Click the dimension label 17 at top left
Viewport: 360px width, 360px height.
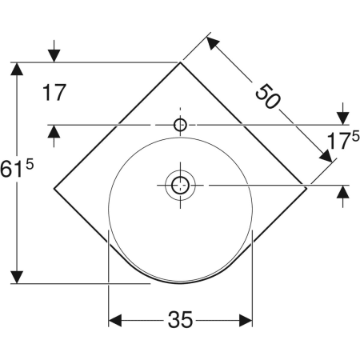(x=54, y=94)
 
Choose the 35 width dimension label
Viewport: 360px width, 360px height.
(x=181, y=321)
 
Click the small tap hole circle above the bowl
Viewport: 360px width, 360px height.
(x=180, y=124)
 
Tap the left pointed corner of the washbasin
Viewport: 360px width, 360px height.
(x=54, y=189)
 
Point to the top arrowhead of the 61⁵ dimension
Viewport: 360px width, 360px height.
(x=15, y=70)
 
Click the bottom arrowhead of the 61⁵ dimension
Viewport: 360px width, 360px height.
(x=15, y=276)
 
